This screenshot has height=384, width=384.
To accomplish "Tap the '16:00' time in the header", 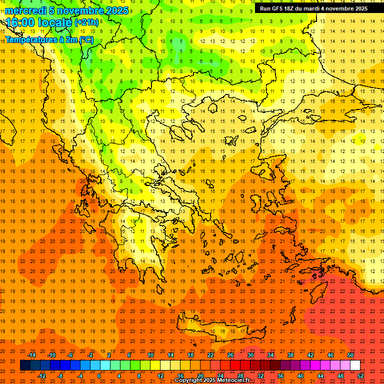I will (19, 22).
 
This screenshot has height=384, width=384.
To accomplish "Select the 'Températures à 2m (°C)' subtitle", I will (49, 39).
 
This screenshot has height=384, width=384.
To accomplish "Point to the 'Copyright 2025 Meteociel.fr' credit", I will (212, 380).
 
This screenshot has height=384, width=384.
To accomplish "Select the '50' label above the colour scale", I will (350, 354).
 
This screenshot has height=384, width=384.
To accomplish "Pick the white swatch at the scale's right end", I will (355, 365).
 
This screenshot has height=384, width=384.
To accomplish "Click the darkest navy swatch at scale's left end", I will (25, 365).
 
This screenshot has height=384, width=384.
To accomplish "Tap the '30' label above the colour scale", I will (250, 354).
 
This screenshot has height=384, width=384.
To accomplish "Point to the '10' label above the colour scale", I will (150, 354).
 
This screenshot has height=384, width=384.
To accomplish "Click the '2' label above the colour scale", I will (109, 354).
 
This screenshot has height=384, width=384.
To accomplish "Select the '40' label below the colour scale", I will (300, 376).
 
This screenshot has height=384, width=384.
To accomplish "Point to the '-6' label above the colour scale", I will (70, 354).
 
